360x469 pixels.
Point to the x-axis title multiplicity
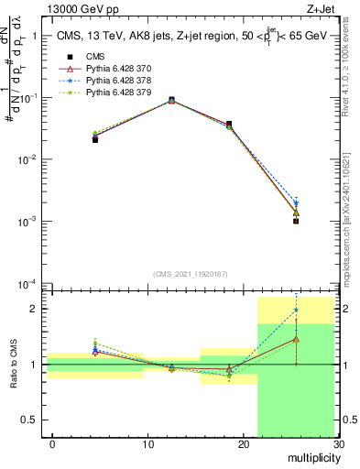click(x=308, y=457)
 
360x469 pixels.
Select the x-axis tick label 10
click(x=147, y=444)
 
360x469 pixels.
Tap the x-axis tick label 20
click(x=243, y=444)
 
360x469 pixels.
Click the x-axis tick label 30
click(x=338, y=444)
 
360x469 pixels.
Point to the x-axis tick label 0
click(x=52, y=444)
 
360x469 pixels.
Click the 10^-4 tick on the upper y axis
click(x=30, y=283)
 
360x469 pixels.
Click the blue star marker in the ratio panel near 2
click(x=296, y=311)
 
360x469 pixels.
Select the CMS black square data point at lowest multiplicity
click(x=95, y=139)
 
